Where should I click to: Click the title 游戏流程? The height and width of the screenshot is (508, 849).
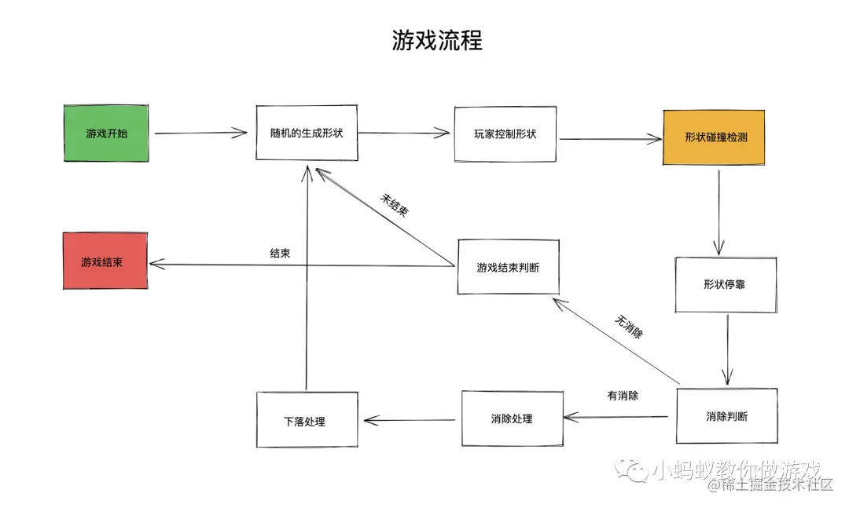point(437,40)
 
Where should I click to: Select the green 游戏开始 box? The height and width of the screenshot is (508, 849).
point(107,133)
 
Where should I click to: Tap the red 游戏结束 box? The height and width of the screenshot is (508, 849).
point(105,261)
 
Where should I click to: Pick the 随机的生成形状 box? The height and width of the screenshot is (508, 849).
point(307,133)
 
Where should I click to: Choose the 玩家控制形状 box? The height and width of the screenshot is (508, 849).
point(505,133)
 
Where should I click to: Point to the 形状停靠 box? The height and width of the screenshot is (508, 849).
point(725,284)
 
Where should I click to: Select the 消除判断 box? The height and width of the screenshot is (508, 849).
point(726,416)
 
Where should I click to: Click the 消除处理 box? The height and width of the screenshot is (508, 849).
point(511,418)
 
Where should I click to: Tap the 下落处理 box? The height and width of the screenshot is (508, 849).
point(307,421)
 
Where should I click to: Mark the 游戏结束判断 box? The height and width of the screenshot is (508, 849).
point(508,267)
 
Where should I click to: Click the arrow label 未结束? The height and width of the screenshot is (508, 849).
point(395,206)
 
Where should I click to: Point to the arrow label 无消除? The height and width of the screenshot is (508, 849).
point(628,327)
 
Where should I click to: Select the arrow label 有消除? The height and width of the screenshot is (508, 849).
point(623,396)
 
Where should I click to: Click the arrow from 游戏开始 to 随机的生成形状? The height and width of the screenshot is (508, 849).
point(200,133)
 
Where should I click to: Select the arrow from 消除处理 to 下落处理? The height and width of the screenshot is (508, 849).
point(409,420)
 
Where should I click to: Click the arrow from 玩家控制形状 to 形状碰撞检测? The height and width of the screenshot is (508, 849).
point(611,139)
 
